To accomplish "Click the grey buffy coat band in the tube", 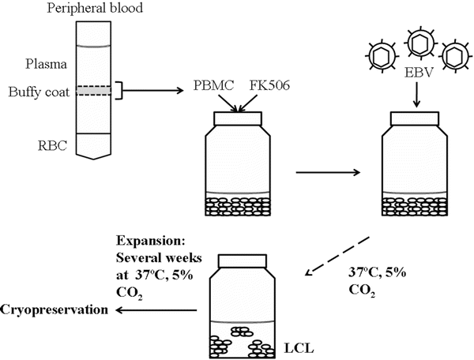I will click(x=93, y=92).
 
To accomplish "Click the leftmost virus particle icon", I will click(x=381, y=56).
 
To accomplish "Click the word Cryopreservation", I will click(x=52, y=309).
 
